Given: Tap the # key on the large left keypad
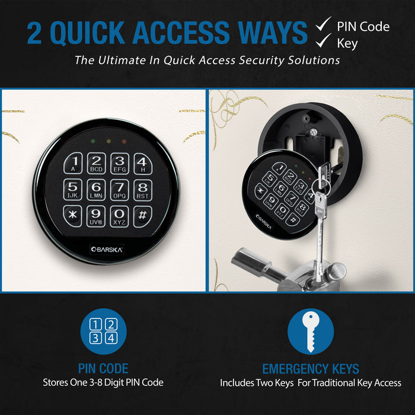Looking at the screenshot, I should click(x=141, y=215).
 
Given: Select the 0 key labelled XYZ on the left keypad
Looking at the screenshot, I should click(x=119, y=215).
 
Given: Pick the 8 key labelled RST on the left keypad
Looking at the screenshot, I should click(x=141, y=189).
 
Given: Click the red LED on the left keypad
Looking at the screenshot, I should click(x=123, y=142).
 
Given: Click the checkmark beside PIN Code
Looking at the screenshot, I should click(x=323, y=25).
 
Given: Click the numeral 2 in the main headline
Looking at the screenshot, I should click(x=35, y=33).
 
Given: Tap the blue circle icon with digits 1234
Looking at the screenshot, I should click(x=103, y=331).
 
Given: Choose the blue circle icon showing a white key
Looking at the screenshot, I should click(x=311, y=331).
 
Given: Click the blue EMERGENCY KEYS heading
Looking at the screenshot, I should click(x=311, y=369).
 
